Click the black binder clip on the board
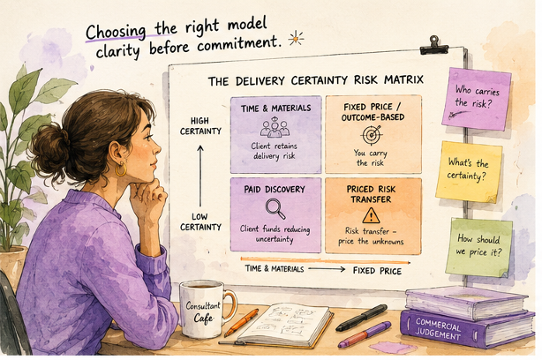coord(433,46)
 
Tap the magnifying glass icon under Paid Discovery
coord(275,208)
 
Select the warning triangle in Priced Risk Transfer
coord(372,215)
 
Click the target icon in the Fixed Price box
coord(372,135)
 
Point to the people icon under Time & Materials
coord(275,127)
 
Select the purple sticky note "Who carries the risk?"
coord(477,99)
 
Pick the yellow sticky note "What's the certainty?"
coord(469,172)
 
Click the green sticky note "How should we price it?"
coord(479,247)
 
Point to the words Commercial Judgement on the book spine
coord(438,328)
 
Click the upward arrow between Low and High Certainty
coord(200,176)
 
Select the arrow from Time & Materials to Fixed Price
coord(327,269)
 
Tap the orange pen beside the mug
coord(241,323)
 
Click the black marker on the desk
coord(361,318)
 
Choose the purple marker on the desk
coord(365,334)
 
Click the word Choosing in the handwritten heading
coord(116,32)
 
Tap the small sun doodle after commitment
coord(297,38)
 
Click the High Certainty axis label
coord(200,126)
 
